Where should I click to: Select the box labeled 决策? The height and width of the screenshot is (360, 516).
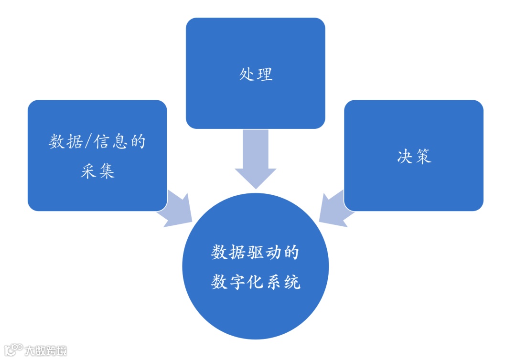(x=414, y=155)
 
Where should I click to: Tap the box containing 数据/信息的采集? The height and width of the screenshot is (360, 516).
(x=97, y=155)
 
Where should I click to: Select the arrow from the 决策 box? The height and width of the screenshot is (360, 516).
(x=334, y=208)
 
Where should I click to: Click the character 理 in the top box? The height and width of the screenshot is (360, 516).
(x=265, y=74)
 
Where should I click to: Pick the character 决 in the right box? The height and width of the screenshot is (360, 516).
(x=405, y=157)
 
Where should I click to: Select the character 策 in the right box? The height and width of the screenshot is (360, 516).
(x=423, y=157)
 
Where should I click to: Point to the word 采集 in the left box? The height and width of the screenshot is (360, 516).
(x=97, y=170)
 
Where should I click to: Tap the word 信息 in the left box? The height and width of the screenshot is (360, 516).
(x=113, y=142)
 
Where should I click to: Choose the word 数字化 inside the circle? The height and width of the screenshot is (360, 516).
(x=237, y=282)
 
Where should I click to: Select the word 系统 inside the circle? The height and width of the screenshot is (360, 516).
(x=282, y=282)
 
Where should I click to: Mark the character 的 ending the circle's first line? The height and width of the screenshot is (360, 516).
(x=291, y=252)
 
